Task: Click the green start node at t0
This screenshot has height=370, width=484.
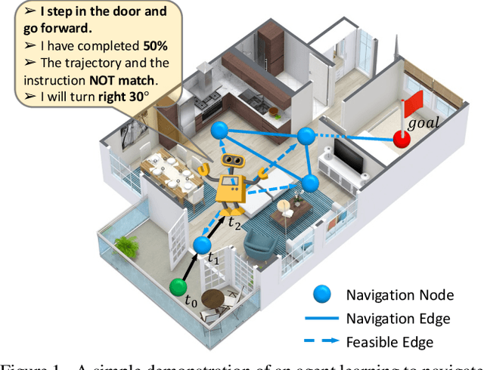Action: tap(178, 287)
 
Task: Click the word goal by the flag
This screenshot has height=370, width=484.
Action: tap(423, 122)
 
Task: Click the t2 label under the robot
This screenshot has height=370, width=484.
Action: tap(234, 223)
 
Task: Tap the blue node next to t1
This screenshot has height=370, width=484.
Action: tap(201, 245)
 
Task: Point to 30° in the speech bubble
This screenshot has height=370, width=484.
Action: tap(148, 98)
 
